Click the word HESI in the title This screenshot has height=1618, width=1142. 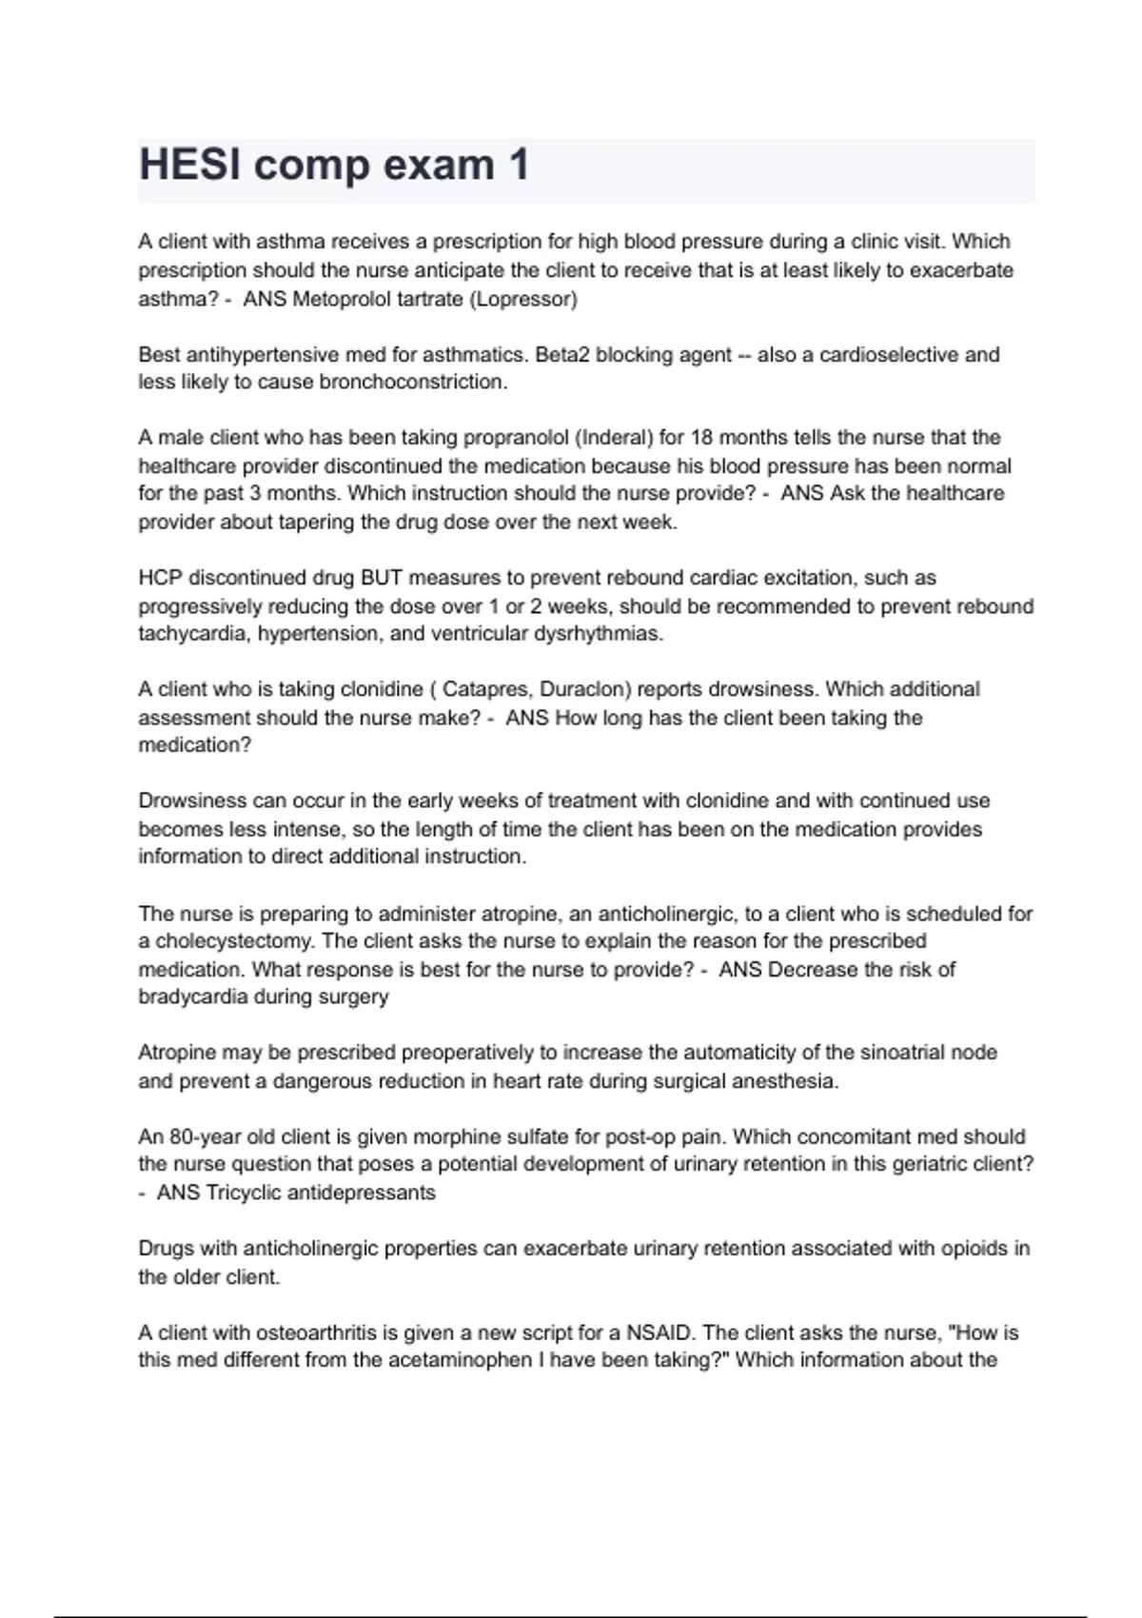pyautogui.click(x=188, y=165)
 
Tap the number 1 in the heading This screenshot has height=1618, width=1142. pyautogui.click(x=518, y=165)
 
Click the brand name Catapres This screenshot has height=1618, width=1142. pyautogui.click(x=481, y=689)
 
